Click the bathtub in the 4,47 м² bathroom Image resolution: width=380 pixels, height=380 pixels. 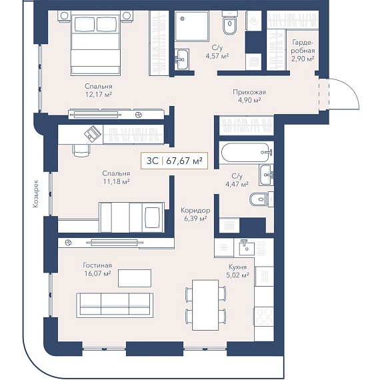pos(245,152)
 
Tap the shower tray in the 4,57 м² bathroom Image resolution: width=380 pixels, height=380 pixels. pos(192,26)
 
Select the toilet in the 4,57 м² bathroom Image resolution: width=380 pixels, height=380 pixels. pos(230,25)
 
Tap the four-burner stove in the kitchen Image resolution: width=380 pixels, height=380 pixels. pos(264,316)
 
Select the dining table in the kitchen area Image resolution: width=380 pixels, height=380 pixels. pos(205,305)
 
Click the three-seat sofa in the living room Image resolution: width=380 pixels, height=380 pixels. pos(115,305)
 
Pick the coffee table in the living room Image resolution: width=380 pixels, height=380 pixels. pos(135,278)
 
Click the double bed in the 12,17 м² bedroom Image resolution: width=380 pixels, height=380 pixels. pos(96,44)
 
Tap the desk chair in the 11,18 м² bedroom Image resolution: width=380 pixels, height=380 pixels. pos(81,151)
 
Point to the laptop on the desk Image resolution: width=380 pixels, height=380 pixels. pos(93,133)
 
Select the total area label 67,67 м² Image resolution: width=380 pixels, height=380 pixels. pos(184,161)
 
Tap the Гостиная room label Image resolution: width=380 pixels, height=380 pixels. pos(97,265)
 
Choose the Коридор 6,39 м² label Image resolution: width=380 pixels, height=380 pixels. pos(195,215)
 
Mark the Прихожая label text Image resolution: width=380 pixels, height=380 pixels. pos(249,92)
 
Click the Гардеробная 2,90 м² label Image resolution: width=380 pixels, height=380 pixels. pos(303,51)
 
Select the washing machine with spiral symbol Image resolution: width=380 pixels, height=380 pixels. pos(253,21)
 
